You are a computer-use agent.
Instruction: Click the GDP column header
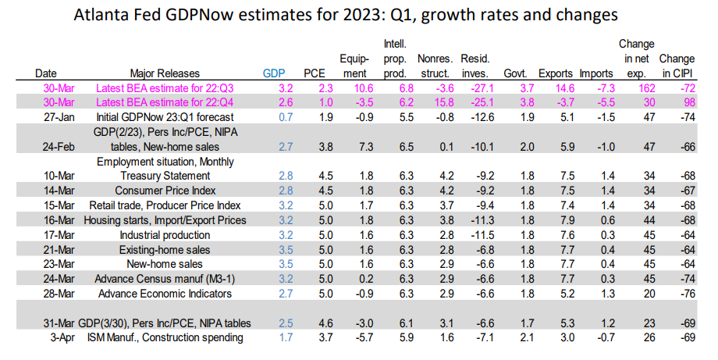point(272,73)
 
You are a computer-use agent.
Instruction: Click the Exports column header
point(555,73)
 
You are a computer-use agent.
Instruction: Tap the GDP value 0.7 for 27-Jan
point(272,116)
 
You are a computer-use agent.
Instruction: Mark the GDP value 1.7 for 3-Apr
point(272,337)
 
